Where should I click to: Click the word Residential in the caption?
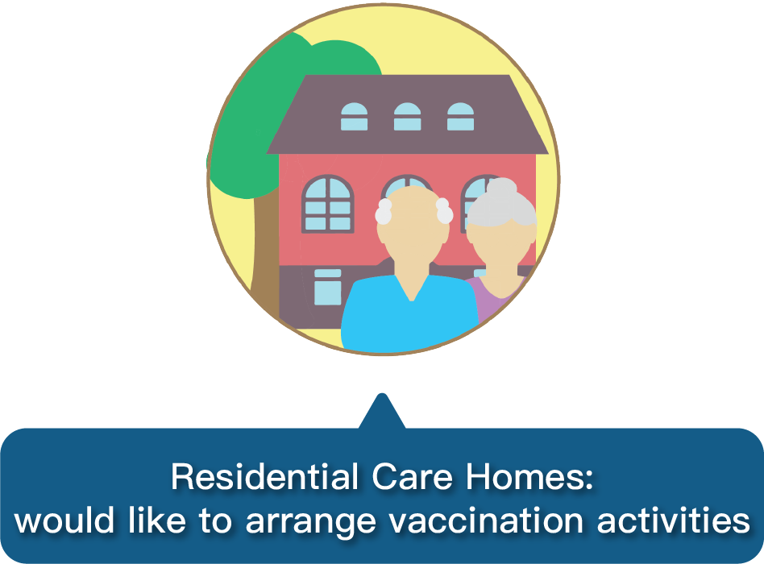pos(264,476)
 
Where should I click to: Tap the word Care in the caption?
pos(412,476)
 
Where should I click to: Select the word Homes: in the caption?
pos(529,476)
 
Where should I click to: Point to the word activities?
pos(674,520)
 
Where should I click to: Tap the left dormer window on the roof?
pos(355,117)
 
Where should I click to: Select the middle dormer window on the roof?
pos(407,117)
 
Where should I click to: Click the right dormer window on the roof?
pos(460,117)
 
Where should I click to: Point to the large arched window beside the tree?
pos(328,204)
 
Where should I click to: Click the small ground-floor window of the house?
pos(328,288)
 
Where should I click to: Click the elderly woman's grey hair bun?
pos(501,188)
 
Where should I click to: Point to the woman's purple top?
pos(492,297)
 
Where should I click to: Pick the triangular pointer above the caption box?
pos(382,412)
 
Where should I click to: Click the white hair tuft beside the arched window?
pos(384,211)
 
